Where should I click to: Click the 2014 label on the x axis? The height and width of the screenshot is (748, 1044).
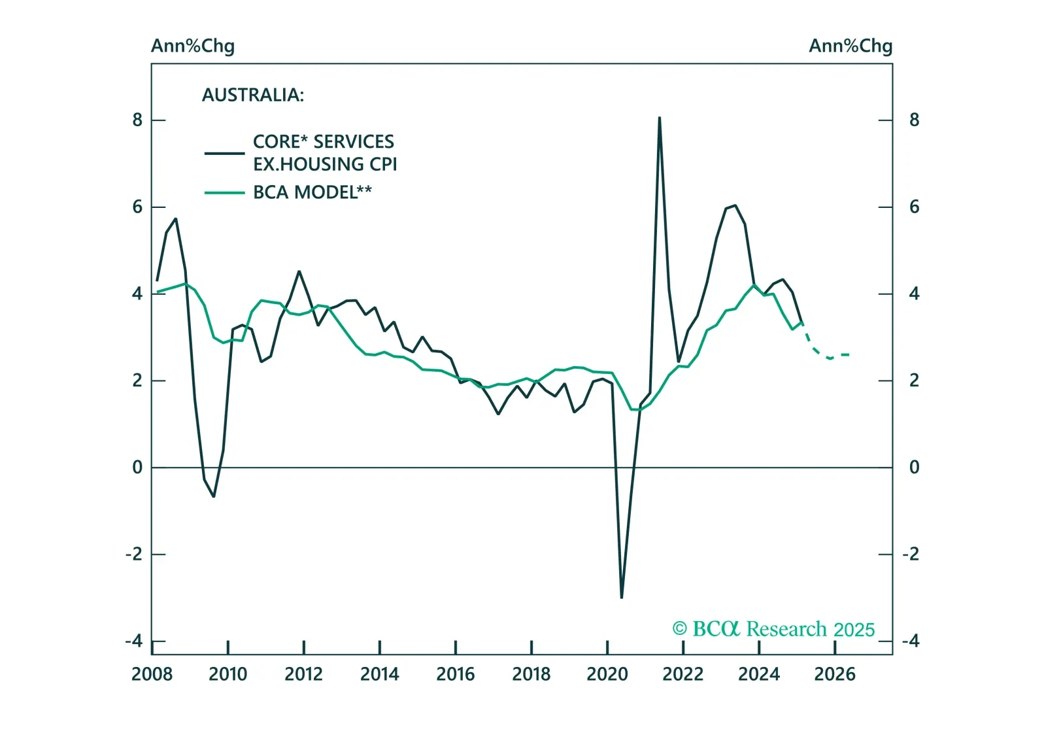(379, 674)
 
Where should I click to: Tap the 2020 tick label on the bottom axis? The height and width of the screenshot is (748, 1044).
(607, 674)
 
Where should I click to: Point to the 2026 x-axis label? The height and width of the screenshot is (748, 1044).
(834, 674)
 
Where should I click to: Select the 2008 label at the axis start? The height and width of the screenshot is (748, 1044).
(152, 674)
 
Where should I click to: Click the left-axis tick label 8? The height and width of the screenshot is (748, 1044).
(137, 120)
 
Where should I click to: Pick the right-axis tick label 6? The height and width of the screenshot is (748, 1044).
(914, 207)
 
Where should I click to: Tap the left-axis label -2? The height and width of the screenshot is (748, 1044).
(133, 554)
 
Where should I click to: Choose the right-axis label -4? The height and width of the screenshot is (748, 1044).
(911, 641)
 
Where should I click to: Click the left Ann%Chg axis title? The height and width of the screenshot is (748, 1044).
(193, 46)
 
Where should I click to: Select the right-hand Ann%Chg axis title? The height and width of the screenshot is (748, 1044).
(850, 46)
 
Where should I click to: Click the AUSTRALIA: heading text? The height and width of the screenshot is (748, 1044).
(253, 95)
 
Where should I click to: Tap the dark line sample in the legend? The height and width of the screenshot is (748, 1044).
(224, 153)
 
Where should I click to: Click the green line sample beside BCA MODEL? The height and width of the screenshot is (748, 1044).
(224, 193)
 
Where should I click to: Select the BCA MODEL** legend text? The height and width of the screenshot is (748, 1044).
(312, 192)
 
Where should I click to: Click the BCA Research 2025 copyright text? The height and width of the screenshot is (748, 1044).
(773, 629)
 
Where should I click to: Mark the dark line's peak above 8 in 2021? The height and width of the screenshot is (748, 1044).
(660, 118)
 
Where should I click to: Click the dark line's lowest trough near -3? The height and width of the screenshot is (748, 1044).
(621, 597)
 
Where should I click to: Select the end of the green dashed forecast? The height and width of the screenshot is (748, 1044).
(849, 354)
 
